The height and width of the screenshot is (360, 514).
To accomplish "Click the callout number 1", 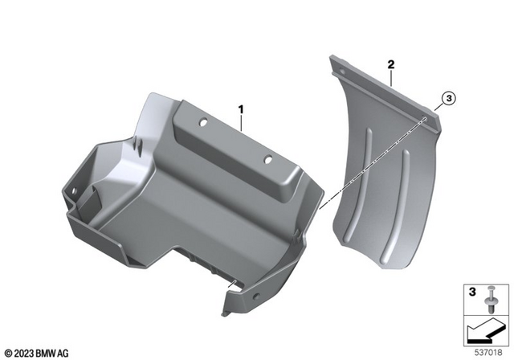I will click(239, 108).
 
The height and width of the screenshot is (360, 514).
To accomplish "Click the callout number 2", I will click(390, 63).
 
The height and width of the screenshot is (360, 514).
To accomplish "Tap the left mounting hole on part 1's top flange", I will click(203, 121).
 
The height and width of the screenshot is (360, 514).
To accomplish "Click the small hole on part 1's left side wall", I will click(74, 190).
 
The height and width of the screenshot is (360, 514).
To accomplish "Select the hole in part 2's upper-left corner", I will click(337, 68).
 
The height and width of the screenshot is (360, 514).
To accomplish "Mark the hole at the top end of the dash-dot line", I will click(424, 120).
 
